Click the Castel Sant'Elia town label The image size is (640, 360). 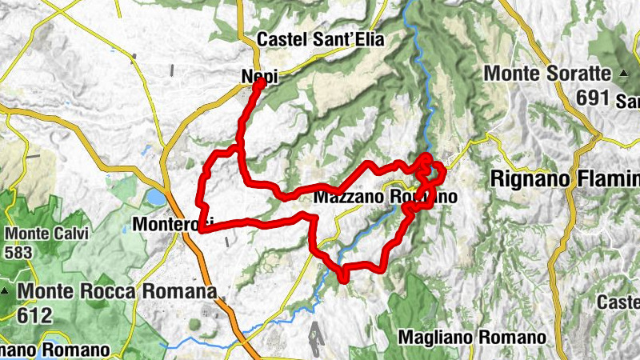click(x=321, y=39)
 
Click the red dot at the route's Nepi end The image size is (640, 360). click(x=260, y=82)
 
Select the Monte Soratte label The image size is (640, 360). click(x=549, y=74)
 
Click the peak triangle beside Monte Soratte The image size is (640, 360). click(x=622, y=74)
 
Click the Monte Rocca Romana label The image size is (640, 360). click(x=117, y=292)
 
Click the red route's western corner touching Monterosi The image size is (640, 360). click(x=202, y=230)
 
